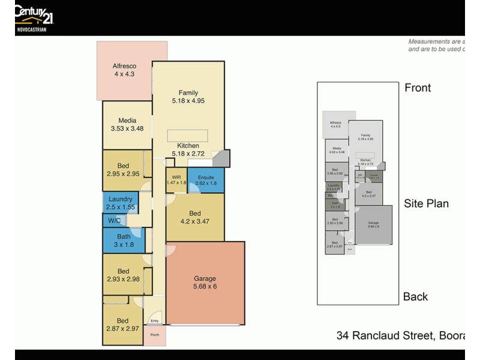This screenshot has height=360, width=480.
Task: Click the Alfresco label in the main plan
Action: (124, 66)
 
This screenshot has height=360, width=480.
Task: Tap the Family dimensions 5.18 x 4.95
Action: (188, 101)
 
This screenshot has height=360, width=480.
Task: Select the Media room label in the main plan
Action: (127, 120)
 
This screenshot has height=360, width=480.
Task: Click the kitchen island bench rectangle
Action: (187, 135)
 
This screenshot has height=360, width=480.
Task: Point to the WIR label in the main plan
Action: (176, 177)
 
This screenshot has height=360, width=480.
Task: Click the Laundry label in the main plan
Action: (121, 199)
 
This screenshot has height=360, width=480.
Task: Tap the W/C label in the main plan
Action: (114, 221)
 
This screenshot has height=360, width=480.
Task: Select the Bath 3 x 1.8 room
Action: (124, 241)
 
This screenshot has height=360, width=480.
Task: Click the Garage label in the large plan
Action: (205, 278)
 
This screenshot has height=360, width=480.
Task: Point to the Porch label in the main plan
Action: (154, 335)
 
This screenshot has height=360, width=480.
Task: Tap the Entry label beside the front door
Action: (154, 321)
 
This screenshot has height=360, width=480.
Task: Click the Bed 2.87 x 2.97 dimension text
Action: (123, 329)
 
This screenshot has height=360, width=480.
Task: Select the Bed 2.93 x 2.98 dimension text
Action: (123, 279)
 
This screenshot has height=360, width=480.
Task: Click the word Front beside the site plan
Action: (418, 88)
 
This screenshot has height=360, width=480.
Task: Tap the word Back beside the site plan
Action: (415, 296)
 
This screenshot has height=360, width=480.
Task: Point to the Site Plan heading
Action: (426, 203)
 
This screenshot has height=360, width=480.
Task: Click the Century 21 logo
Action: (31, 16)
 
